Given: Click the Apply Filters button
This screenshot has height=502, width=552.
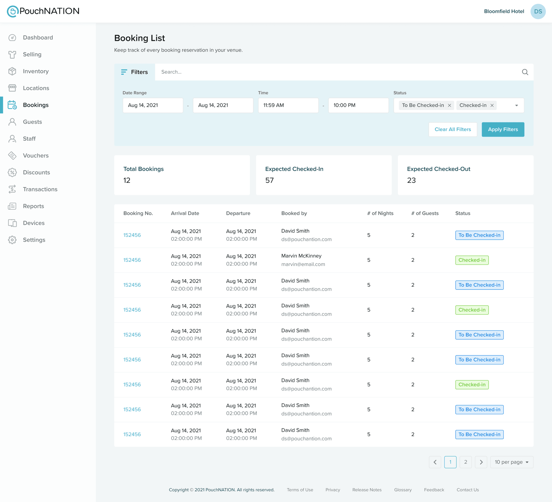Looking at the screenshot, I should (x=503, y=130).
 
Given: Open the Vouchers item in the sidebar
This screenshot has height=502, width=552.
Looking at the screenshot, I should (x=36, y=156).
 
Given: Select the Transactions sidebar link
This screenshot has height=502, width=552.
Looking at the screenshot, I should (x=40, y=189).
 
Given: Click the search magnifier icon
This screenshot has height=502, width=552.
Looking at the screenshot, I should (x=525, y=72).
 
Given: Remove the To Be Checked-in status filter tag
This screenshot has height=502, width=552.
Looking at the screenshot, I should (x=449, y=105).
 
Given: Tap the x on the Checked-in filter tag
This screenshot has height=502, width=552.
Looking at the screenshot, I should (x=492, y=105).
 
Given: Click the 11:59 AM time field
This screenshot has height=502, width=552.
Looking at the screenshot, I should (x=288, y=105).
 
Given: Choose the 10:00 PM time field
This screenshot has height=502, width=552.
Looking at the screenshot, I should (x=358, y=105).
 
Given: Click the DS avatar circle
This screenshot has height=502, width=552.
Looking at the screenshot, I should (x=538, y=12).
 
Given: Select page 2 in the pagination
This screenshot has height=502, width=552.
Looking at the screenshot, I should (x=465, y=462).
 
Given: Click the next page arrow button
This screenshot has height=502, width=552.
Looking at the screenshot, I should (x=481, y=462).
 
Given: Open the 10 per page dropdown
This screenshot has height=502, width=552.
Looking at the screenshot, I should (x=511, y=462).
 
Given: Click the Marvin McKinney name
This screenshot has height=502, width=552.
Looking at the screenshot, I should (x=301, y=256).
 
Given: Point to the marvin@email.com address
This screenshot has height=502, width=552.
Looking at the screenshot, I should (x=303, y=264).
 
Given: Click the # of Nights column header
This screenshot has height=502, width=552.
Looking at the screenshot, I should (x=380, y=213).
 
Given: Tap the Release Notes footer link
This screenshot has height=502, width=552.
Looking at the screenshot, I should (x=367, y=490).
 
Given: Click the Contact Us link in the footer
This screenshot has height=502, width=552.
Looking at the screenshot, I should (x=467, y=490).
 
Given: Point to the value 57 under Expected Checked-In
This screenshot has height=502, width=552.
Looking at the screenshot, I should (x=269, y=180).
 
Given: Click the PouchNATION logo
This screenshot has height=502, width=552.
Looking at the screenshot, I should (x=43, y=11).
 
